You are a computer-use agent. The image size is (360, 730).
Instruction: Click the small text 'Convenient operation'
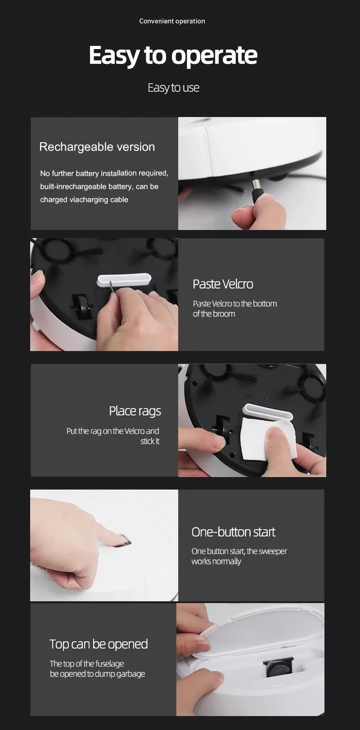click(x=172, y=21)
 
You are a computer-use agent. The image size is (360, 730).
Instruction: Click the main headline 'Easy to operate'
click(x=173, y=55)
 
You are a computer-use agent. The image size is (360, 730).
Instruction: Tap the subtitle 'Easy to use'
click(x=173, y=88)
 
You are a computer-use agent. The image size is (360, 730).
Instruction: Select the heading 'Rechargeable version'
click(x=97, y=147)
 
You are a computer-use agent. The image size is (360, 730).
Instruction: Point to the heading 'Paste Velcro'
click(x=223, y=284)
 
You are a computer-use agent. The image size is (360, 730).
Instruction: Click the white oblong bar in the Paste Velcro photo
click(x=124, y=279)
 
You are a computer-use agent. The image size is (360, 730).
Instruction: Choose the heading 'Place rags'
click(x=135, y=411)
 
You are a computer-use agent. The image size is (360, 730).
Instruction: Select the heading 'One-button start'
click(x=233, y=532)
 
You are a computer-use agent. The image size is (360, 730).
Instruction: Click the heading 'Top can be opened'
click(x=99, y=644)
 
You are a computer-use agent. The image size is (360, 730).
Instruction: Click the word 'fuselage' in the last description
click(x=110, y=664)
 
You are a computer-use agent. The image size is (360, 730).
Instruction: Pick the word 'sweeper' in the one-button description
click(x=273, y=551)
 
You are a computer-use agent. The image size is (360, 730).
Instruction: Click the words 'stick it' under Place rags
click(x=150, y=441)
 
